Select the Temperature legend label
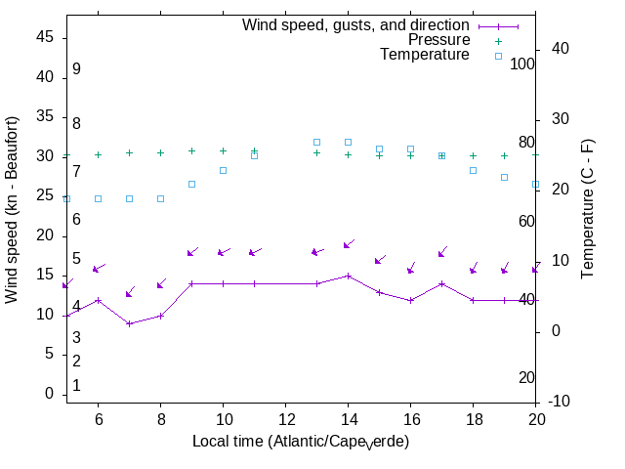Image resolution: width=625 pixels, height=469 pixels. [x=425, y=55]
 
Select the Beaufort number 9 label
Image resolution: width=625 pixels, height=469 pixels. [x=76, y=69]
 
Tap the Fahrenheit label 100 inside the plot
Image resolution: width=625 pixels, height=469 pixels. [x=523, y=64]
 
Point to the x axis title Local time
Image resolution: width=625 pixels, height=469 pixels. [x=301, y=442]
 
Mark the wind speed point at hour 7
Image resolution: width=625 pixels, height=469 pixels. [x=129, y=323]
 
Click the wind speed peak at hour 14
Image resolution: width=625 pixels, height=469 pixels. [x=348, y=276]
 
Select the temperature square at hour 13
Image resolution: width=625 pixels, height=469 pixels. [x=316, y=142]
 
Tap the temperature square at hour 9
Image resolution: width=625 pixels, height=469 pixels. [x=191, y=184]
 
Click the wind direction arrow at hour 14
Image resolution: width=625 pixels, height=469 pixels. [x=348, y=244]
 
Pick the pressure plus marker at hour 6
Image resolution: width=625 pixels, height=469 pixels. [x=98, y=154]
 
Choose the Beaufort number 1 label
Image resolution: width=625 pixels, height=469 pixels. [x=76, y=386]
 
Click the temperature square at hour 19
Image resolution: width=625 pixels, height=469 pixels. [x=504, y=177]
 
